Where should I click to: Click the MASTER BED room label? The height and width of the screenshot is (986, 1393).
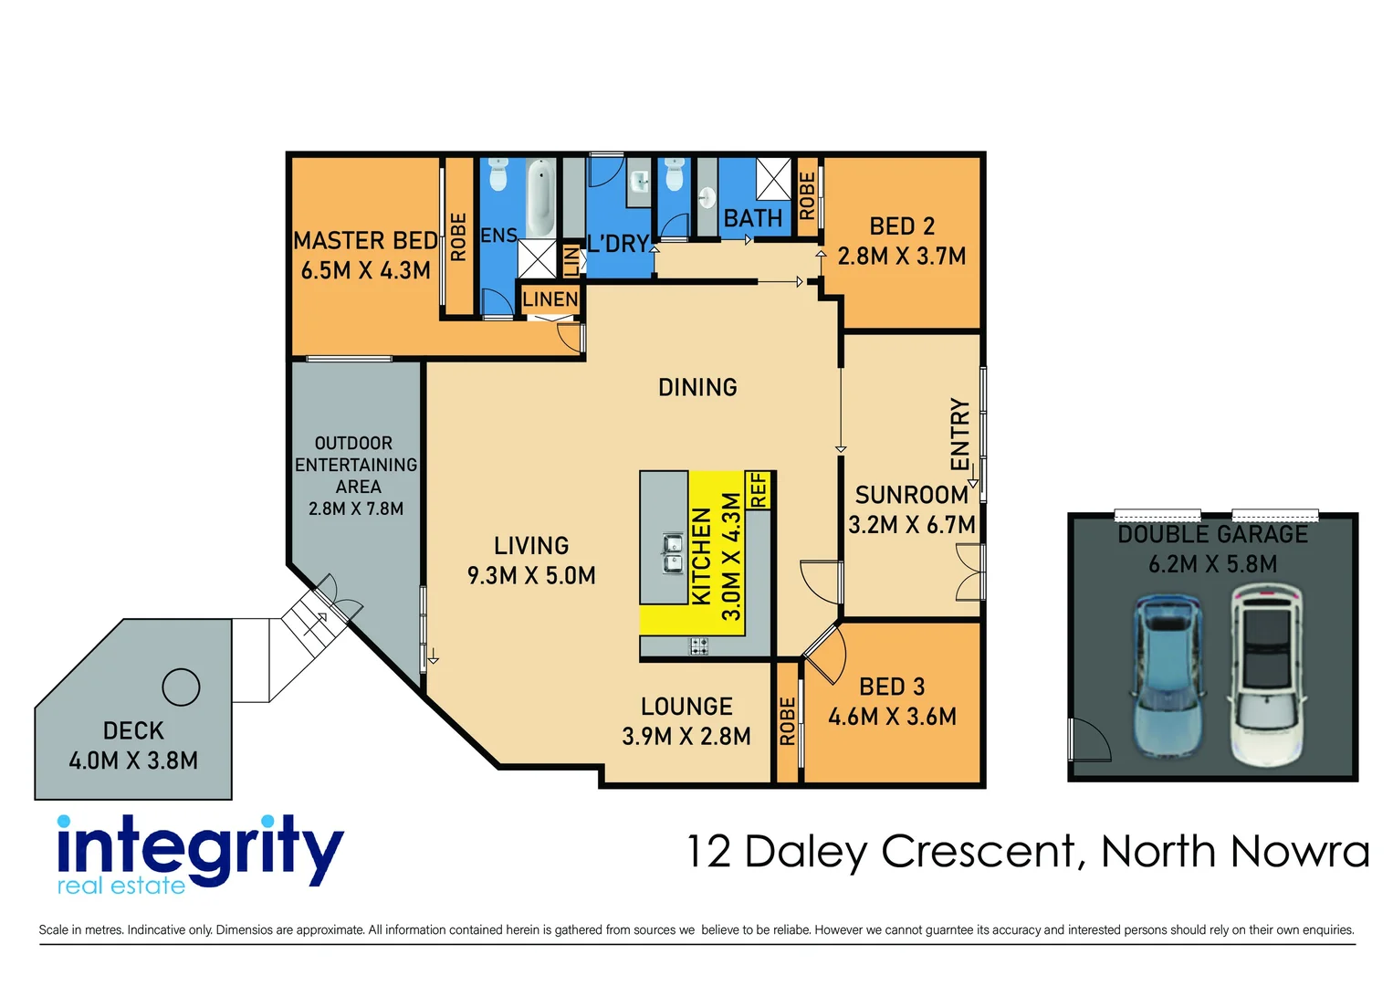point(365,241)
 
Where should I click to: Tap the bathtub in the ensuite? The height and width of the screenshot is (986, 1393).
point(540,198)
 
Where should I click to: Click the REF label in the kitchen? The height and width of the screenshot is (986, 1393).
point(759,490)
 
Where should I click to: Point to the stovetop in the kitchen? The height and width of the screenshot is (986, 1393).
point(699,646)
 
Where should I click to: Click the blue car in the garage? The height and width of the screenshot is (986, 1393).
point(1167,680)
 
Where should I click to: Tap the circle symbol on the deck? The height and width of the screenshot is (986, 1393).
point(181,687)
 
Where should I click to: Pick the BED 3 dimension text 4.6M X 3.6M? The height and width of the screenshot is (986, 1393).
point(892,717)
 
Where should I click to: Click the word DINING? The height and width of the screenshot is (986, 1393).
point(697,388)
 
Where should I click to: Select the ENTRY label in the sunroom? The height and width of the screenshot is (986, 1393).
point(959,435)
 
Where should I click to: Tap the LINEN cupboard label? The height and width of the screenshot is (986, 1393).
point(550,299)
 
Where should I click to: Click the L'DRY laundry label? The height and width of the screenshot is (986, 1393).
point(618,244)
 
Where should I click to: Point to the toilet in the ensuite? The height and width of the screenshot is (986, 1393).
point(497,174)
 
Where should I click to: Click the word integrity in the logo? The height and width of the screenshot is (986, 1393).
point(200,848)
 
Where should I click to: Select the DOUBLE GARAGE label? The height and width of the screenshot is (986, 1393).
point(1212,535)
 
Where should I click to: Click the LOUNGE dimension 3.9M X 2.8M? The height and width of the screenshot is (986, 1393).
point(686,737)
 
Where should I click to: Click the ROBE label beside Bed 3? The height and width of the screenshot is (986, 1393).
point(787,721)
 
